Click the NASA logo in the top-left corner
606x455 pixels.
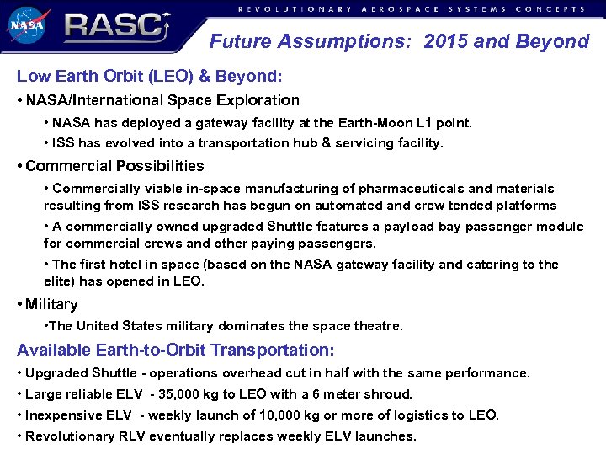click(28, 25)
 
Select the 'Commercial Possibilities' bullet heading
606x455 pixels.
click(114, 166)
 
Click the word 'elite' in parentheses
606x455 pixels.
click(61, 281)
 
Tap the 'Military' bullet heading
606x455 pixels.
click(51, 304)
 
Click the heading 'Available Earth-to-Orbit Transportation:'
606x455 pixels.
click(175, 350)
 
